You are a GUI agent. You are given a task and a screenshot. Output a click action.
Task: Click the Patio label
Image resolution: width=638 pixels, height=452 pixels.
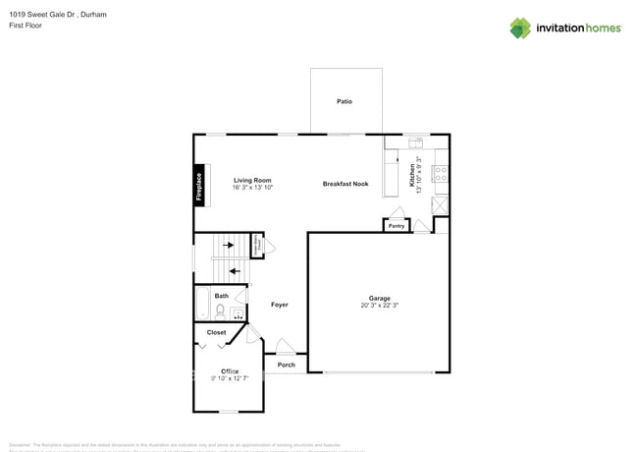click(345, 101)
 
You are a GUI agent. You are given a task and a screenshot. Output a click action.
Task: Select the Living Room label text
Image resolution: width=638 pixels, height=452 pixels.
click(252, 180)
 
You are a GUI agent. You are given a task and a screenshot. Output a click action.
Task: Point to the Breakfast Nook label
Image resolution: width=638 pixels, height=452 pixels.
click(346, 184)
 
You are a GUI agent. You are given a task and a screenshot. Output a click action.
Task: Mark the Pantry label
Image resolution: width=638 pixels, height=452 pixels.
click(397, 226)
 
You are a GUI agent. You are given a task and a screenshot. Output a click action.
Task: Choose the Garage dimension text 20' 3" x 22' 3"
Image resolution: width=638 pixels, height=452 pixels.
click(380, 306)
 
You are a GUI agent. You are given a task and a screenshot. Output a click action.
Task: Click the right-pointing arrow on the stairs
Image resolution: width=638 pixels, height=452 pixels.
click(229, 245)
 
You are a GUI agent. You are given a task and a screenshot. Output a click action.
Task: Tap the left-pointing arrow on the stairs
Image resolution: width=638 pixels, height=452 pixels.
click(234, 269)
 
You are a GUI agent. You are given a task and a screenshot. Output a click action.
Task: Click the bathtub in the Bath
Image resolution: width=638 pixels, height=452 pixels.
click(201, 306)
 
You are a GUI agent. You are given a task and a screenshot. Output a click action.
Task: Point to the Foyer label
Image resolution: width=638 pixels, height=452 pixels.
click(280, 305)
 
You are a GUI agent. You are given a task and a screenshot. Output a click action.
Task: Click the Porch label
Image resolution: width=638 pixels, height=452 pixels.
click(286, 365)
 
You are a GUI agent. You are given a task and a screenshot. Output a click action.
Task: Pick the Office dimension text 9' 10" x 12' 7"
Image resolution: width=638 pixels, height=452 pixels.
click(229, 378)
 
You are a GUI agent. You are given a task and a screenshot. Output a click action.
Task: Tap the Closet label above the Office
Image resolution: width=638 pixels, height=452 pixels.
click(216, 333)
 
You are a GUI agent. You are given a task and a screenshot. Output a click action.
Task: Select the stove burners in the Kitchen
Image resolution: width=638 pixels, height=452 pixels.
click(441, 174)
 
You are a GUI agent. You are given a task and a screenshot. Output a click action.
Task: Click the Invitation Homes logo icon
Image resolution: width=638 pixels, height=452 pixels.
click(520, 28)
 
